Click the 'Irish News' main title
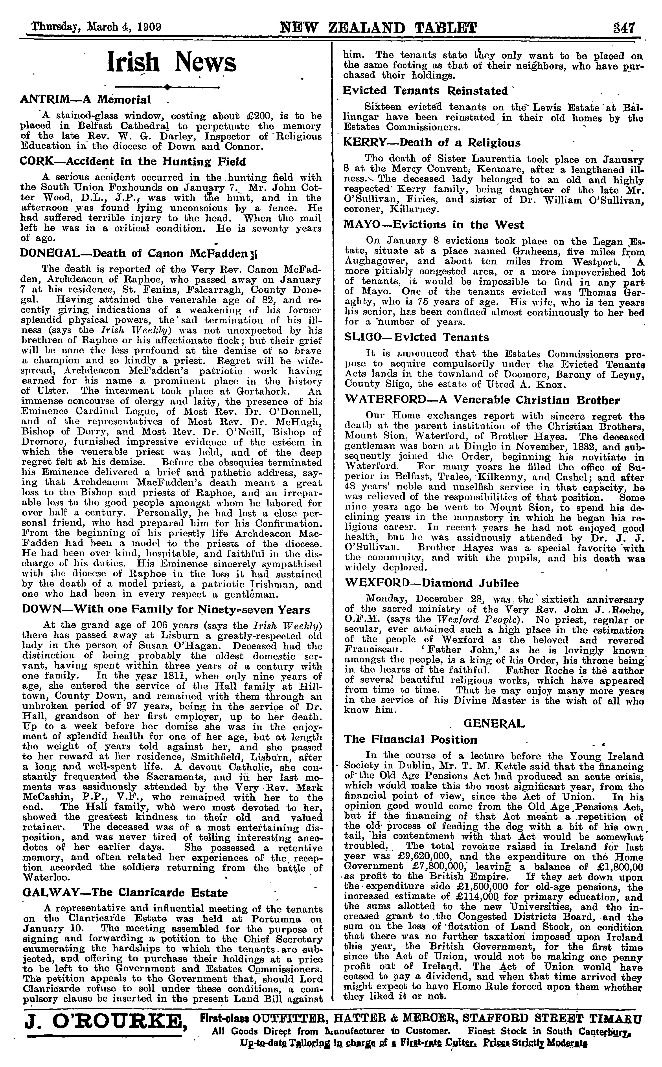coord(172,62)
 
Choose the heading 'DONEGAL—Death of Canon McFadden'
coord(138,253)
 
